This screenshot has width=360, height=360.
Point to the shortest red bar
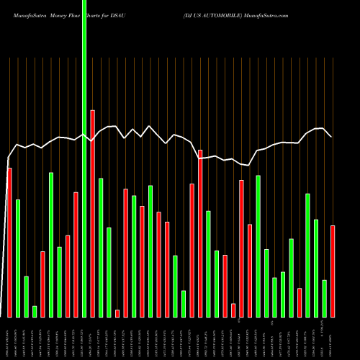[x=117, y=313]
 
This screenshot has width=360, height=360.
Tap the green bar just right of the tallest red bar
[x=101, y=248]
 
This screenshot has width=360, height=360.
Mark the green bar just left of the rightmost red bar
[x=325, y=298]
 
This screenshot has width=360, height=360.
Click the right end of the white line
[x=331, y=136]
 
